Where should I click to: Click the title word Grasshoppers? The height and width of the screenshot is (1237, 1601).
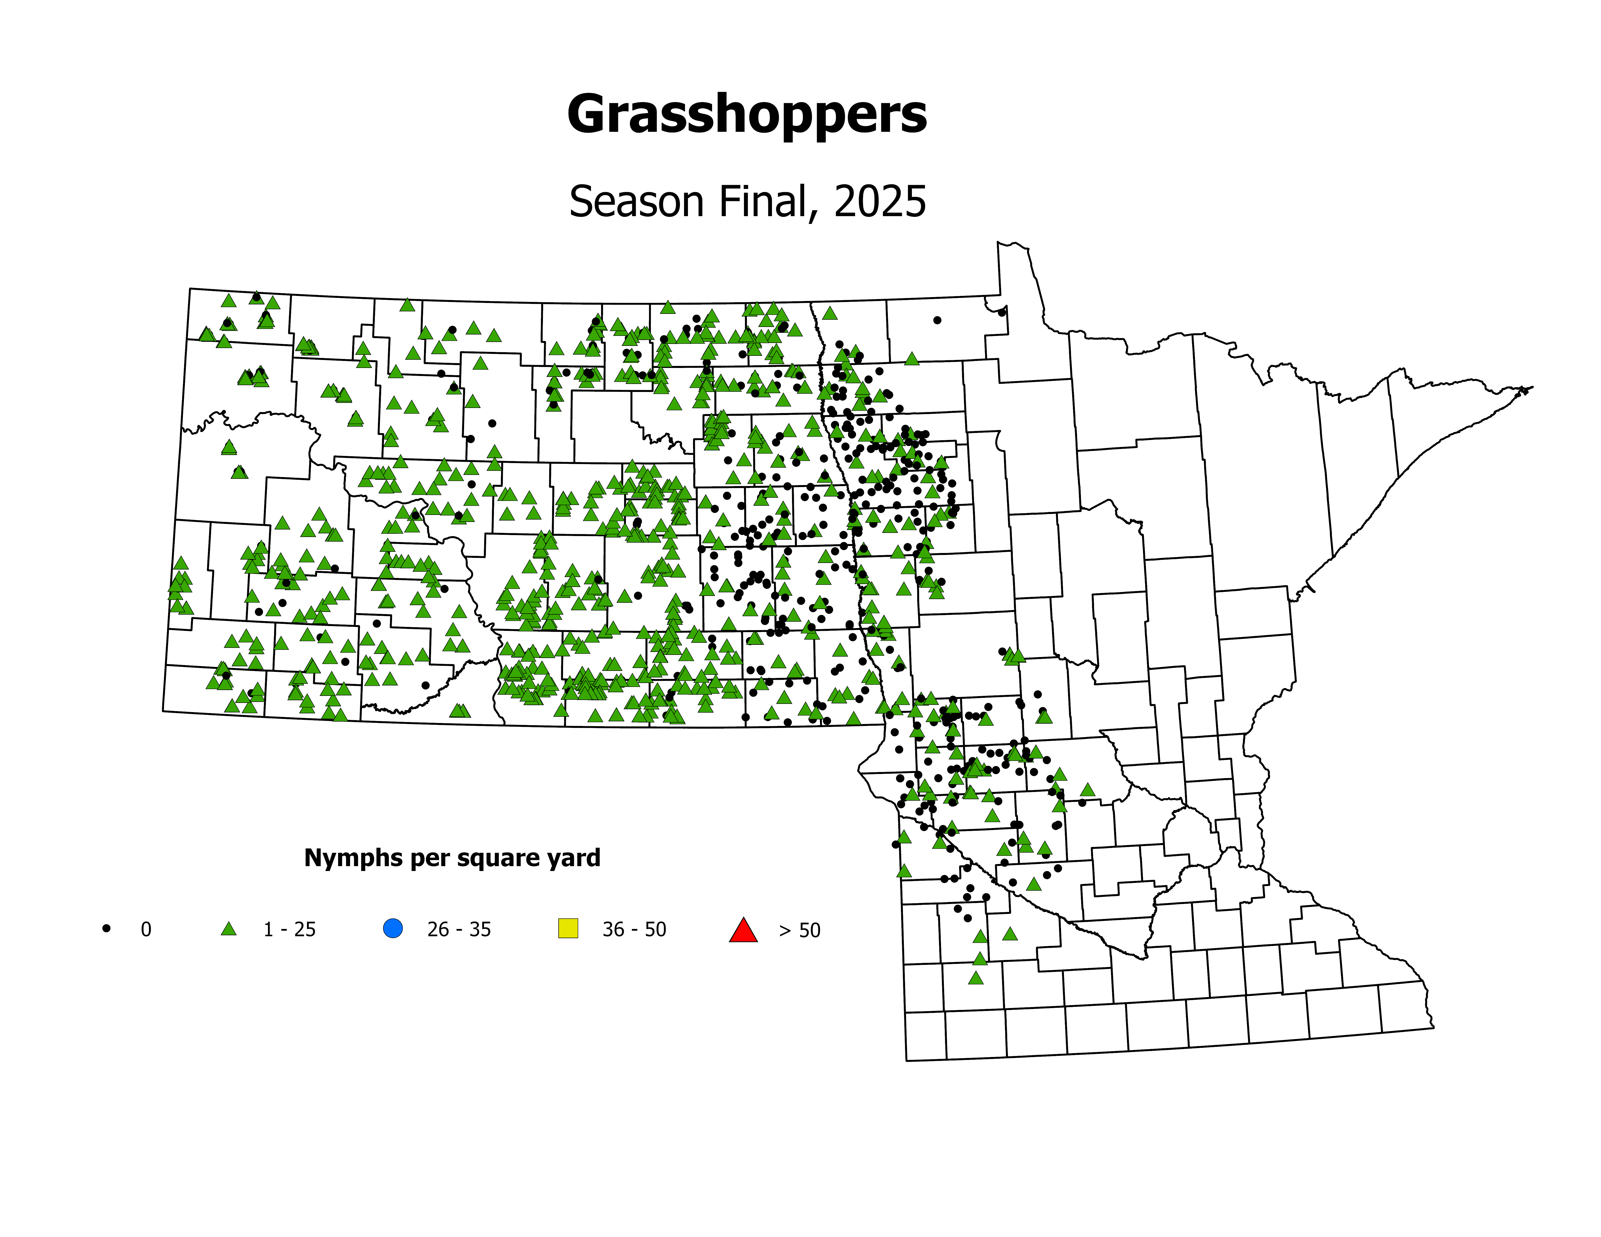[747, 115]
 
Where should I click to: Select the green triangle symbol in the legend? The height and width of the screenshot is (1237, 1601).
[229, 928]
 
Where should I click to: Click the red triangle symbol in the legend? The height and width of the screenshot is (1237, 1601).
[743, 930]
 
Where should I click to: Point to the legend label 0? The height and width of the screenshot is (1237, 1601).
[146, 929]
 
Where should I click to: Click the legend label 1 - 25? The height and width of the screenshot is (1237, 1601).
[290, 929]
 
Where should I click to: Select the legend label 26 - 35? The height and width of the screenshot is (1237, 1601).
[459, 929]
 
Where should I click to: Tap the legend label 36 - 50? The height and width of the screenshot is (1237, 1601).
[634, 929]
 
